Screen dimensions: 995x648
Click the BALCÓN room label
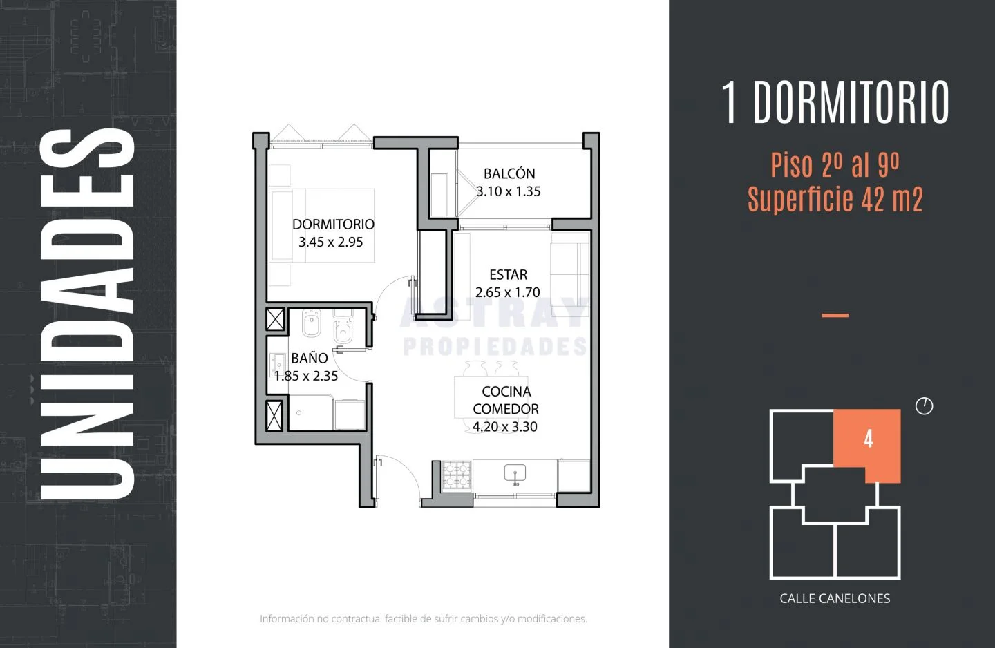pos(509,173)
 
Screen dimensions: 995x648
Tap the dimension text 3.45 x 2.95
pos(330,242)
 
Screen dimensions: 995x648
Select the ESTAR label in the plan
pos(508,275)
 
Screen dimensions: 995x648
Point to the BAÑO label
pos(309,358)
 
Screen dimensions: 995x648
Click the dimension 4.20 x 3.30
pos(504,426)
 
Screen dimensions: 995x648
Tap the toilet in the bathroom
pos(343,327)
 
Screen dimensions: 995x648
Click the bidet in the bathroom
pos(312,323)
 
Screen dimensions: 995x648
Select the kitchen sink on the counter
pos(515,474)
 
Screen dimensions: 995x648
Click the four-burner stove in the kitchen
pos(457,475)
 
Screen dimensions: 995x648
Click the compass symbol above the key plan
pos(925,406)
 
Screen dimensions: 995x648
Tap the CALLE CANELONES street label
pos(835,598)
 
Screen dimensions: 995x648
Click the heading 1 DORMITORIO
pos(835,103)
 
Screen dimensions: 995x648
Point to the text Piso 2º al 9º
pos(835,165)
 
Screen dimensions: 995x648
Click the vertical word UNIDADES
pos(87,314)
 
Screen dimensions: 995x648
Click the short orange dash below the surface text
pos(835,315)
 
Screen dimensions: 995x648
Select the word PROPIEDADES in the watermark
pos(495,346)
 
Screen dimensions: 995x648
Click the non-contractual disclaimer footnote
pos(424,619)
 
